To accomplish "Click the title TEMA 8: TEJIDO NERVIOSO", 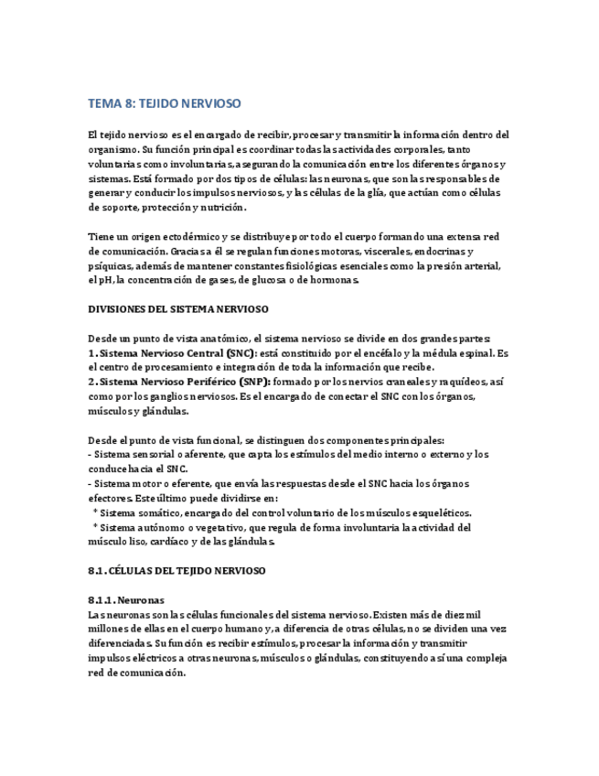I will (x=165, y=103).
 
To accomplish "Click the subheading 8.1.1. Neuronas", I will (x=126, y=599).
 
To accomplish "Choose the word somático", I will (x=165, y=512).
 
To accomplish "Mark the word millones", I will (x=110, y=629).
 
